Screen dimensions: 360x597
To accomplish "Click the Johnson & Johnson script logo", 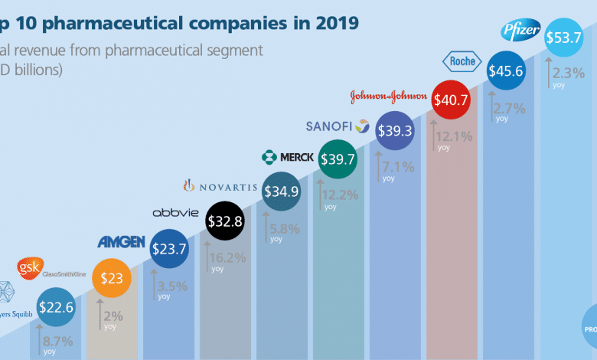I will pyautogui.click(x=388, y=97).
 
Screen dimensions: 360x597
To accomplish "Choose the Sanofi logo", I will pyautogui.click(x=338, y=126).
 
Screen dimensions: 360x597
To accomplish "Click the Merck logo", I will pyautogui.click(x=287, y=157).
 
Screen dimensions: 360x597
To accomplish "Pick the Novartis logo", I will pyautogui.click(x=220, y=185).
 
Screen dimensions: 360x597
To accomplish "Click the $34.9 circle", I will pyautogui.click(x=280, y=191).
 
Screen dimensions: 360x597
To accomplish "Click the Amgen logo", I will pyautogui.click(x=121, y=242).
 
